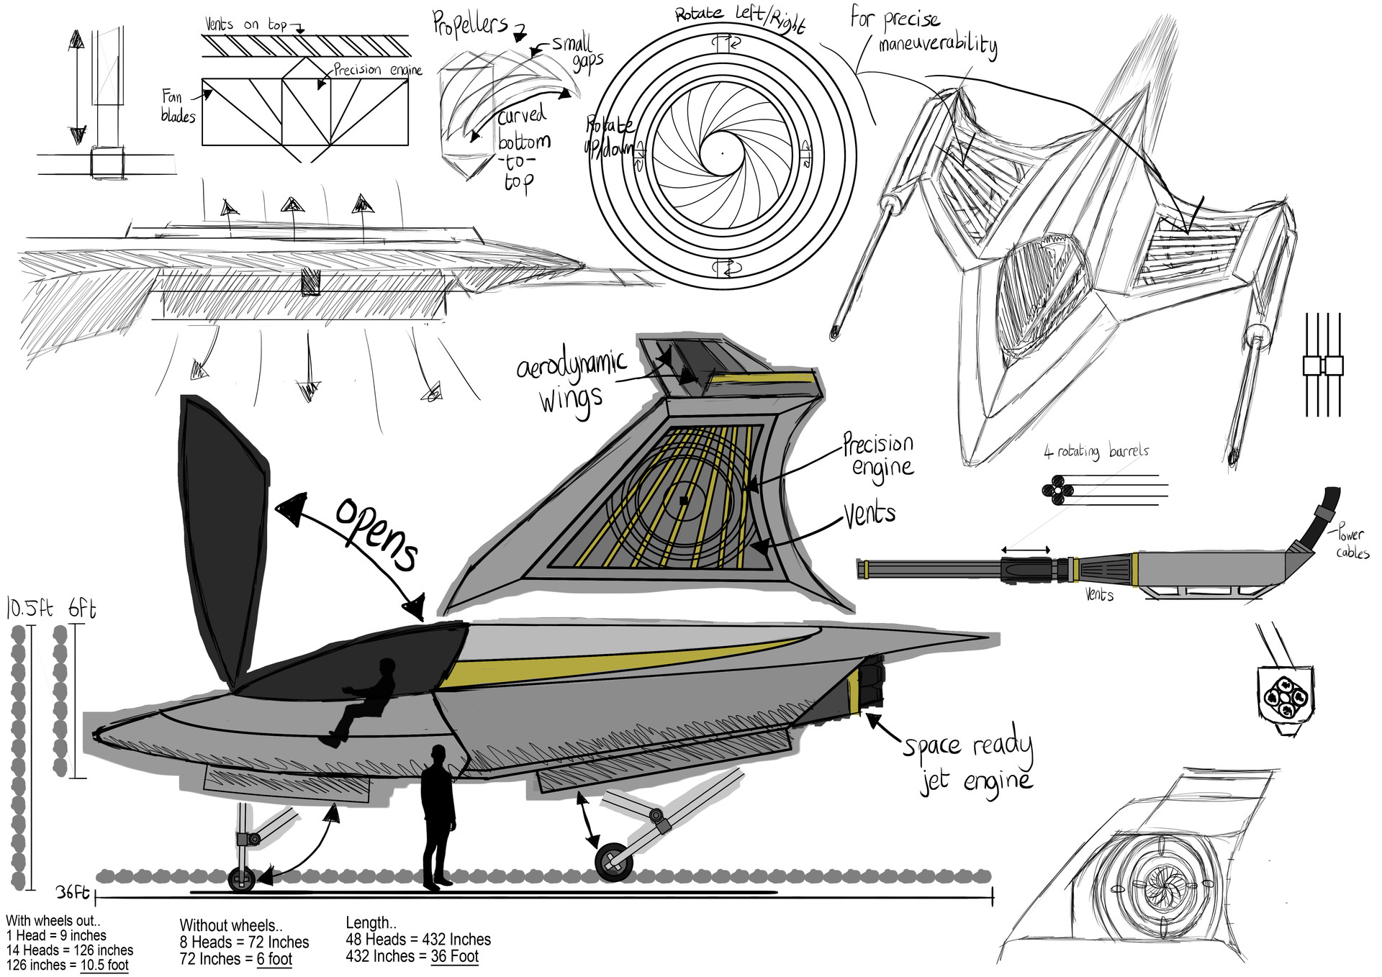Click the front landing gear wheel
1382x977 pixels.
click(241, 879)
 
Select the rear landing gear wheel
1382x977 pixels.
click(614, 861)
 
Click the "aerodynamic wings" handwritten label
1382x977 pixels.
click(572, 381)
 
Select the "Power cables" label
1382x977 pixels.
click(1352, 543)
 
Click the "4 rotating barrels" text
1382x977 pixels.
click(1096, 452)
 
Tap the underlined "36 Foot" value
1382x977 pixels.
click(454, 956)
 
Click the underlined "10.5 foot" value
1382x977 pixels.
click(104, 965)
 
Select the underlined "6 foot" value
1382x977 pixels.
click(274, 959)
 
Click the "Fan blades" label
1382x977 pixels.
click(176, 106)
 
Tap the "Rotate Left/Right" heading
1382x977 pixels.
click(739, 17)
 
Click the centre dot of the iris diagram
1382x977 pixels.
click(723, 153)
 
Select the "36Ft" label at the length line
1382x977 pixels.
click(73, 893)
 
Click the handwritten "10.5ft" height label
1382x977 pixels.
click(29, 609)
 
